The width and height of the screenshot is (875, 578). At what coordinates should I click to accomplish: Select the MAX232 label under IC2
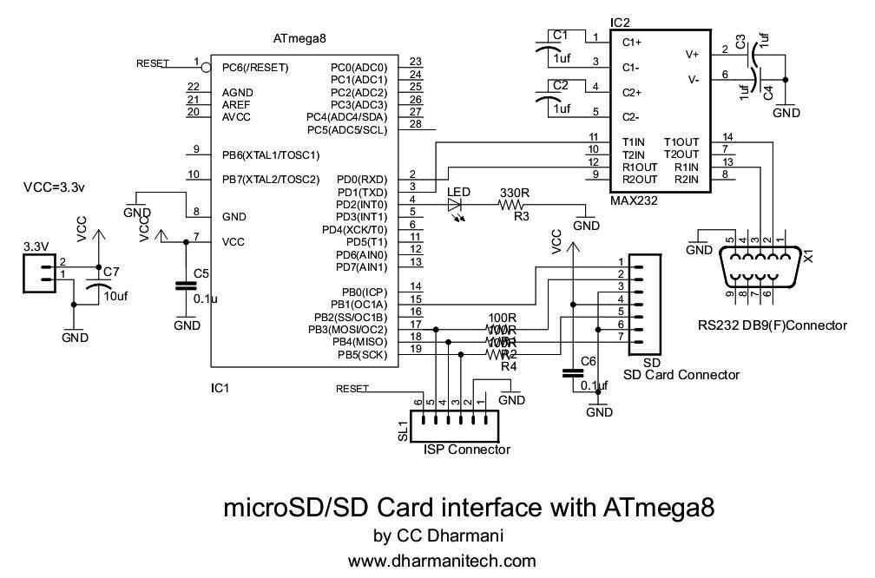pos(635,200)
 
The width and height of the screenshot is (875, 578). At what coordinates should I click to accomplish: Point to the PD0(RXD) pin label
pos(362,180)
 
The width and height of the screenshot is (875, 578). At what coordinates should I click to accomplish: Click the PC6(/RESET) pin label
pos(254,67)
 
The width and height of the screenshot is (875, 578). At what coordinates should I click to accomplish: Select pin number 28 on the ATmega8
pos(415,124)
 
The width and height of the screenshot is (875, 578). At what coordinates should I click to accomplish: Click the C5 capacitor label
pos(201,274)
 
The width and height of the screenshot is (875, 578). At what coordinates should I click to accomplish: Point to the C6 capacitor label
pos(588,361)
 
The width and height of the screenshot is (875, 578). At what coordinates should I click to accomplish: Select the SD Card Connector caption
pos(681,375)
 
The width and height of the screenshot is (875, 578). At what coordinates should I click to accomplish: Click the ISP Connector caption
pos(466,450)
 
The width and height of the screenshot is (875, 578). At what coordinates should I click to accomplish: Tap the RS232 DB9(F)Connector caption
pos(772,325)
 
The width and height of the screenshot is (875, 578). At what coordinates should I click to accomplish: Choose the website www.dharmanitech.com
pos(442,561)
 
